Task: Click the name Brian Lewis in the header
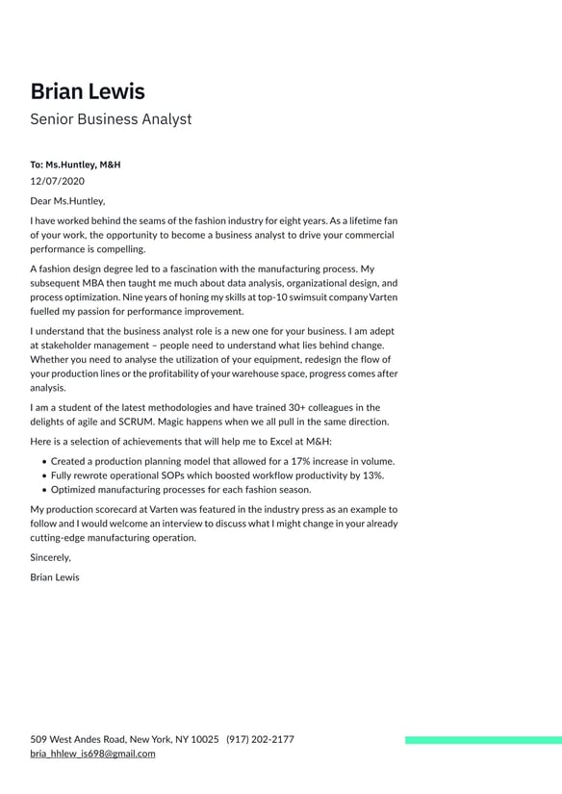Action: [88, 91]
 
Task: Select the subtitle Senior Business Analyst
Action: [111, 119]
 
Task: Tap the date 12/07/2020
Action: [57, 180]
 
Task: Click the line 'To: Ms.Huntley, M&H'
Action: [75, 165]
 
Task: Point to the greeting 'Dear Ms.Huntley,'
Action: [67, 201]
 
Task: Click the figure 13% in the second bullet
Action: [370, 475]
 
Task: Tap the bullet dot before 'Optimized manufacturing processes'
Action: [45, 490]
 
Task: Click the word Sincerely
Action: [50, 557]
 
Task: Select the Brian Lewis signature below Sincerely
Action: [55, 577]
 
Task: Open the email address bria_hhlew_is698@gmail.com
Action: [92, 754]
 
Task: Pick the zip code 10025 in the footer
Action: [204, 739]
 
